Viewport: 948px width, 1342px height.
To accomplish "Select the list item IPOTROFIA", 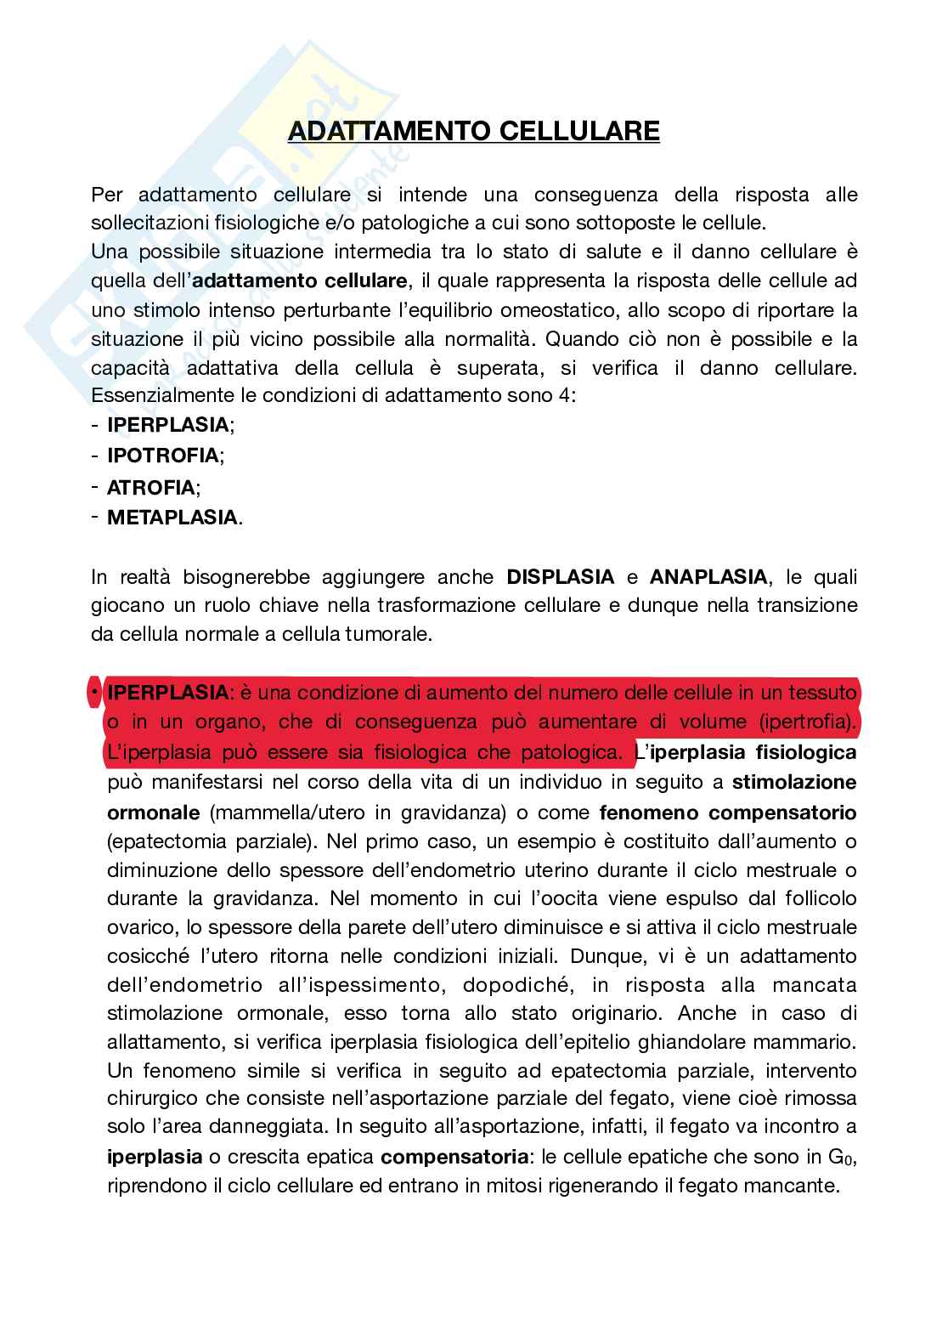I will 162,456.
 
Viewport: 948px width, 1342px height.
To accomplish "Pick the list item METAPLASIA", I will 172,518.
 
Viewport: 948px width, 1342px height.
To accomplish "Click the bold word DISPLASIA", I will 561,577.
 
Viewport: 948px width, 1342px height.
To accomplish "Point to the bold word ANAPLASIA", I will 708,577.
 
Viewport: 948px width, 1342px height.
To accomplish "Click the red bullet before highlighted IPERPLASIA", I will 93,694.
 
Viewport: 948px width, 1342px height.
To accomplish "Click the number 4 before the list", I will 573,397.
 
